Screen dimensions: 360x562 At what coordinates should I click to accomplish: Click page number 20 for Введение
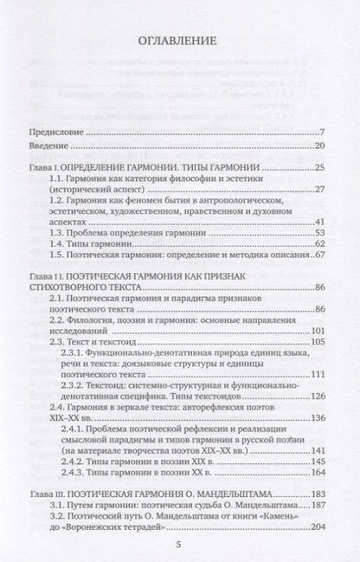pyautogui.click(x=319, y=146)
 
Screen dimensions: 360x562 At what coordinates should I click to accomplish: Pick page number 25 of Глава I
pyautogui.click(x=319, y=167)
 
